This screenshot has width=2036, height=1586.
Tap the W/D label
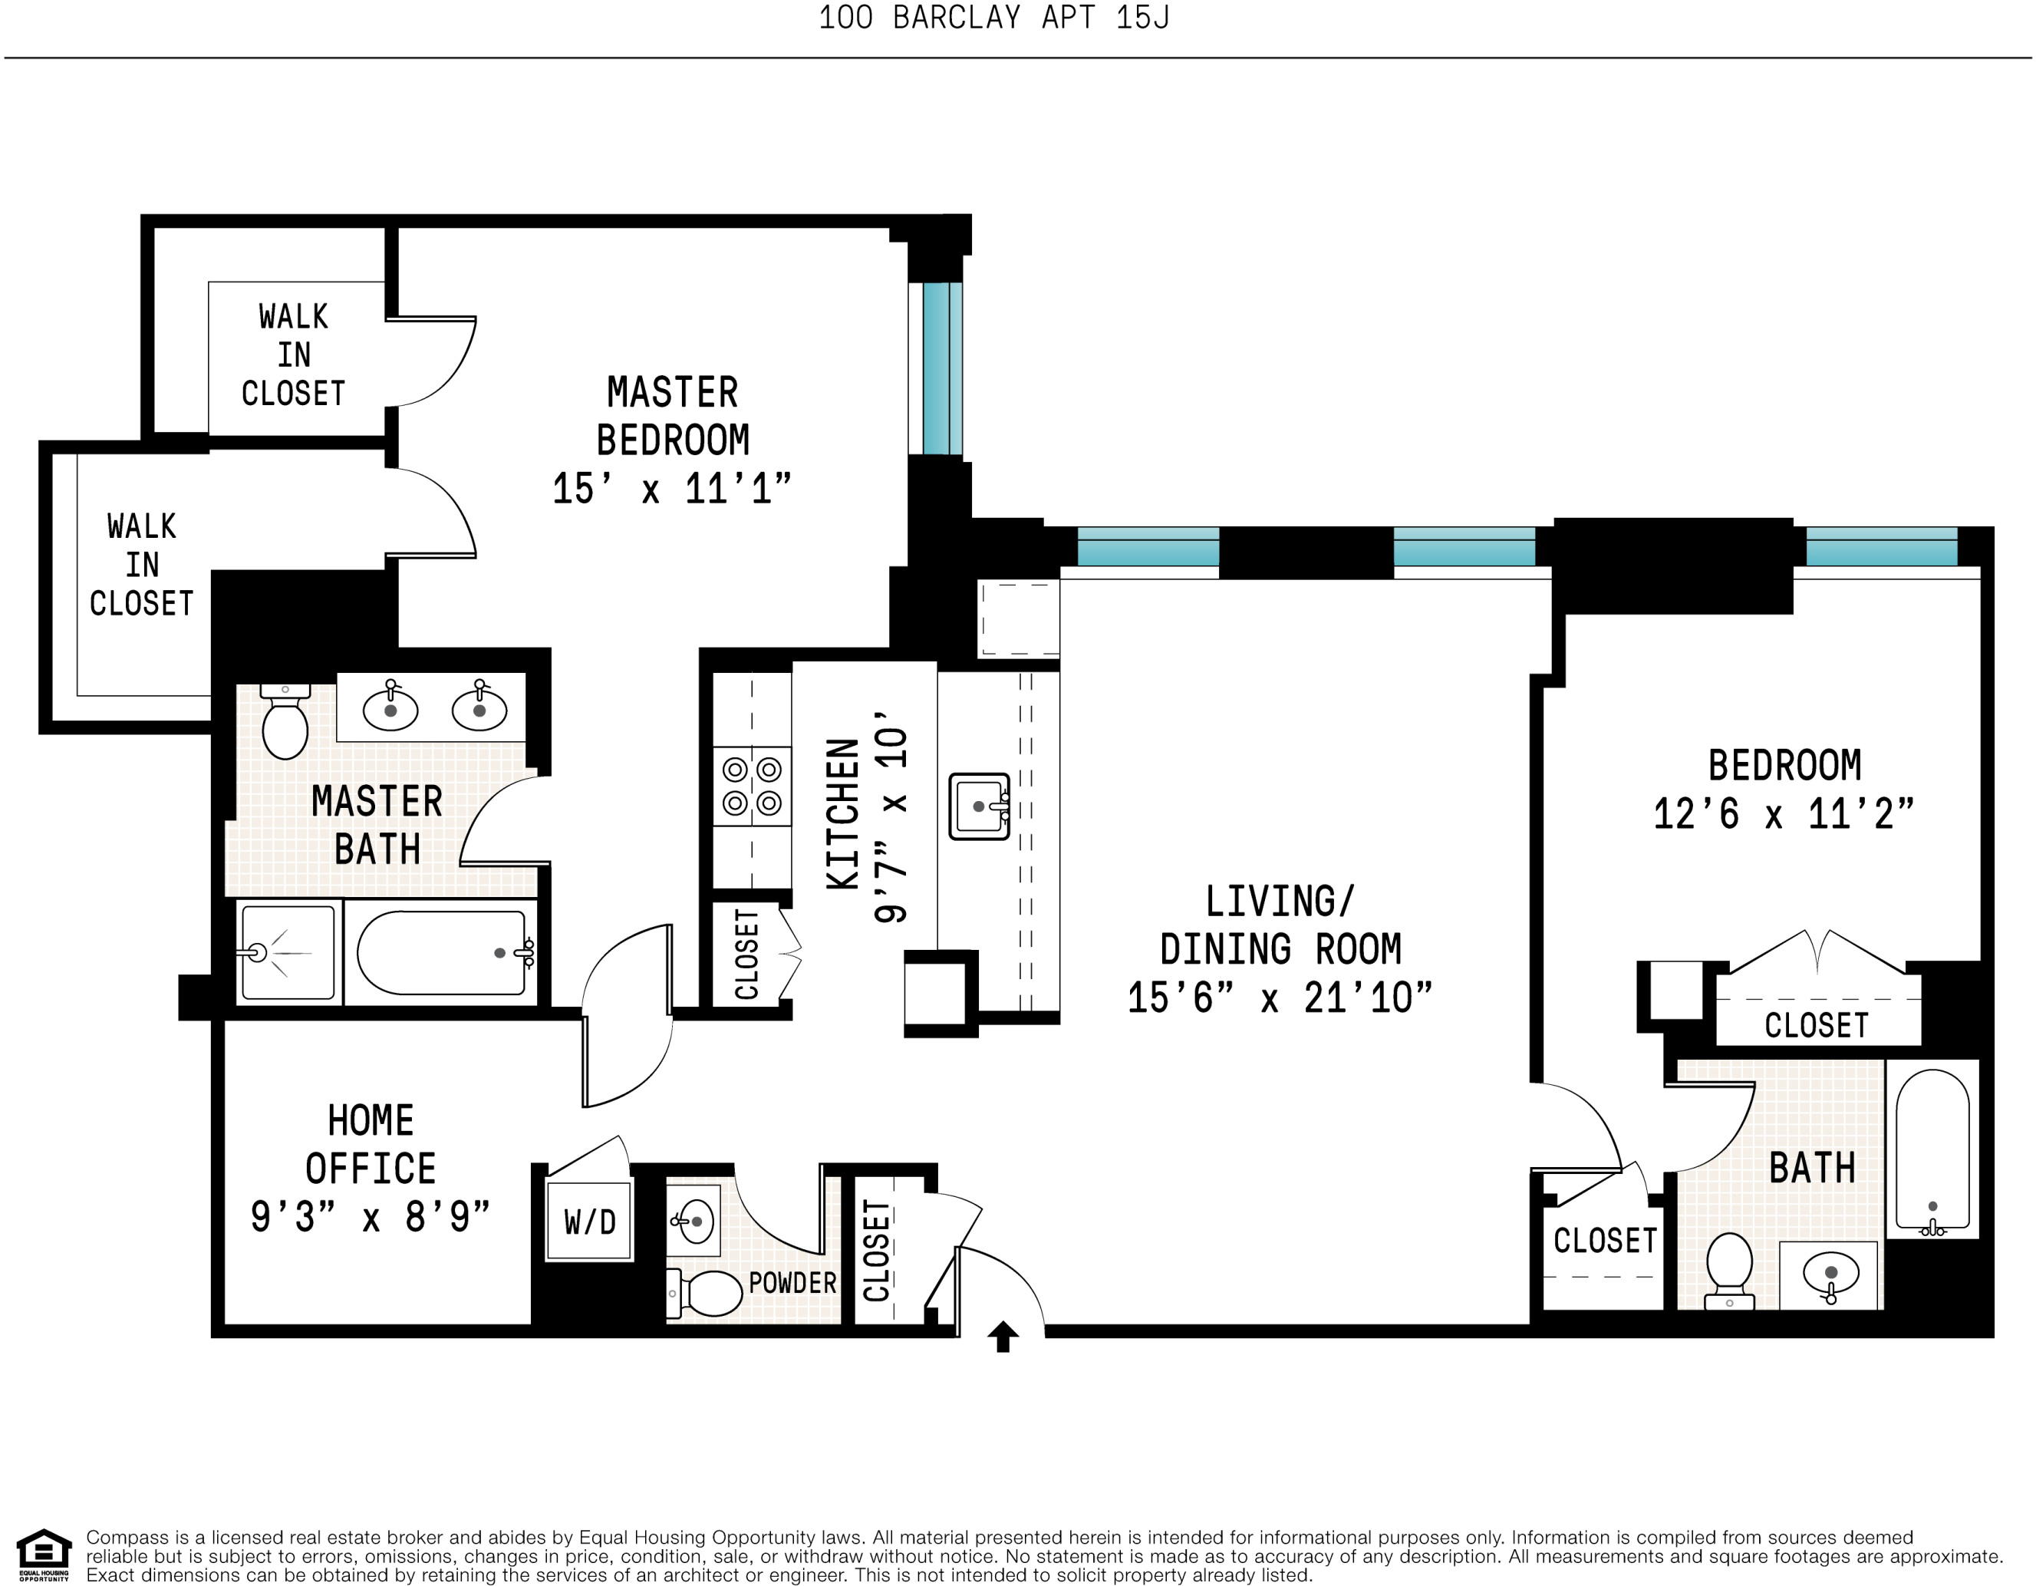[x=589, y=1222]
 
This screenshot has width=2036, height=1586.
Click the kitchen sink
[x=979, y=806]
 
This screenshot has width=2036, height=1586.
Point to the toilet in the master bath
[x=285, y=724]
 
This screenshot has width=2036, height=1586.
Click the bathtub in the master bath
[x=442, y=953]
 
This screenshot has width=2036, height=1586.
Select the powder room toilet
[x=707, y=1293]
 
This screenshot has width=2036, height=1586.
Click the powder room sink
[x=693, y=1222]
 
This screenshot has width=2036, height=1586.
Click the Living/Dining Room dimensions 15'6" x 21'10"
[x=1279, y=998]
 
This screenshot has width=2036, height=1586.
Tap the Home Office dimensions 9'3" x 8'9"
[x=370, y=1217]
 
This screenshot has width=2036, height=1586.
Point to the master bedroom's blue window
[x=941, y=368]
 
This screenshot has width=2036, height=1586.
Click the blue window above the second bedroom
[x=1881, y=546]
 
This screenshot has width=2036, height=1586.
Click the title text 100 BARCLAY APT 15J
[x=993, y=18]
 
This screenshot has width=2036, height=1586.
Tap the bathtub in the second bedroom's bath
[x=1932, y=1151]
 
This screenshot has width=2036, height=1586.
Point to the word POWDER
[x=792, y=1283]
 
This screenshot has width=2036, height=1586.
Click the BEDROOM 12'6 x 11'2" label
[x=1784, y=789]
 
